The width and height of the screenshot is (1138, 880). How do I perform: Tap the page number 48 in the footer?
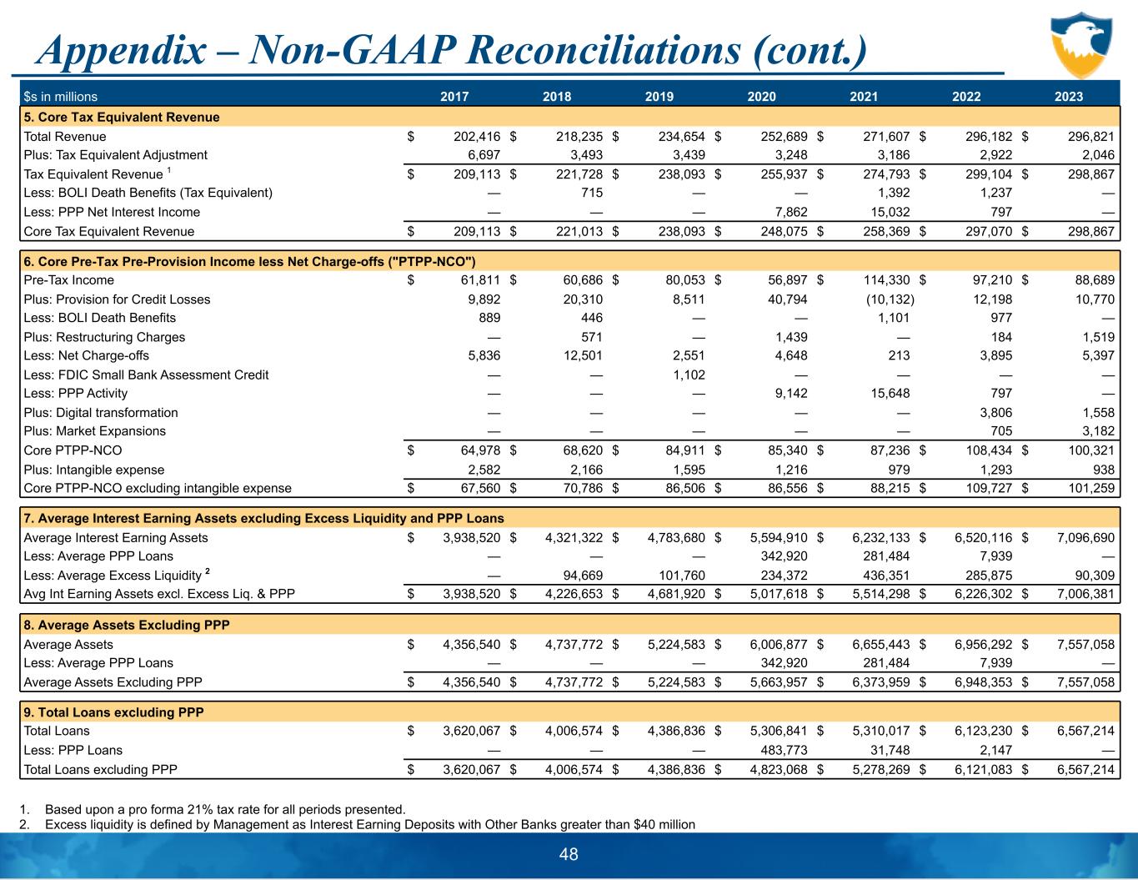569,854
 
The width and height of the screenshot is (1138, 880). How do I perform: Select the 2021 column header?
864,97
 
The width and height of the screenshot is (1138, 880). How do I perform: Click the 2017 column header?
454,97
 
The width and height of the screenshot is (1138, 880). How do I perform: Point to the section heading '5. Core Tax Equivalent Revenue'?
122,117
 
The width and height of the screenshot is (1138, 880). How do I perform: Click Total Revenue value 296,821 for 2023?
1085,136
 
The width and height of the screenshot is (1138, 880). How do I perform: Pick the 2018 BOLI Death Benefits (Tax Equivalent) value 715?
591,193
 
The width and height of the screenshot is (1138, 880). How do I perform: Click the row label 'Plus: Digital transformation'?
101,412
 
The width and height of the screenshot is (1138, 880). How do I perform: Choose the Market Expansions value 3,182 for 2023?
1098,431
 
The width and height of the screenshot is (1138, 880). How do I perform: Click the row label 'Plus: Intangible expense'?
94,470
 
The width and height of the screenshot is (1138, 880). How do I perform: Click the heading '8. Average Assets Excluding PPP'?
127,625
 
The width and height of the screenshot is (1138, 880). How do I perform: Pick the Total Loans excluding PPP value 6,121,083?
984,769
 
